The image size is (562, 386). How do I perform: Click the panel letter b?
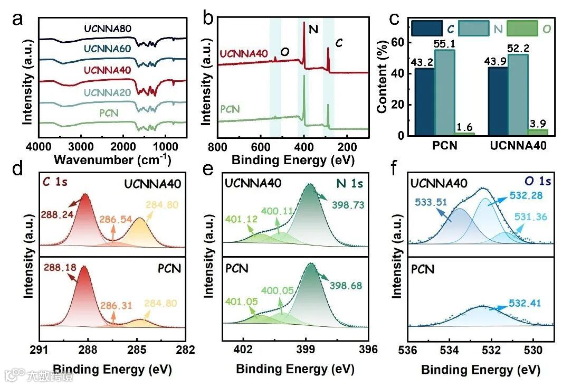pyautogui.click(x=208, y=20)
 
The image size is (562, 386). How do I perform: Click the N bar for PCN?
pyautogui.click(x=445, y=92)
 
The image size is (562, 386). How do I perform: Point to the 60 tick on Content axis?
pyautogui.click(x=397, y=42)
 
